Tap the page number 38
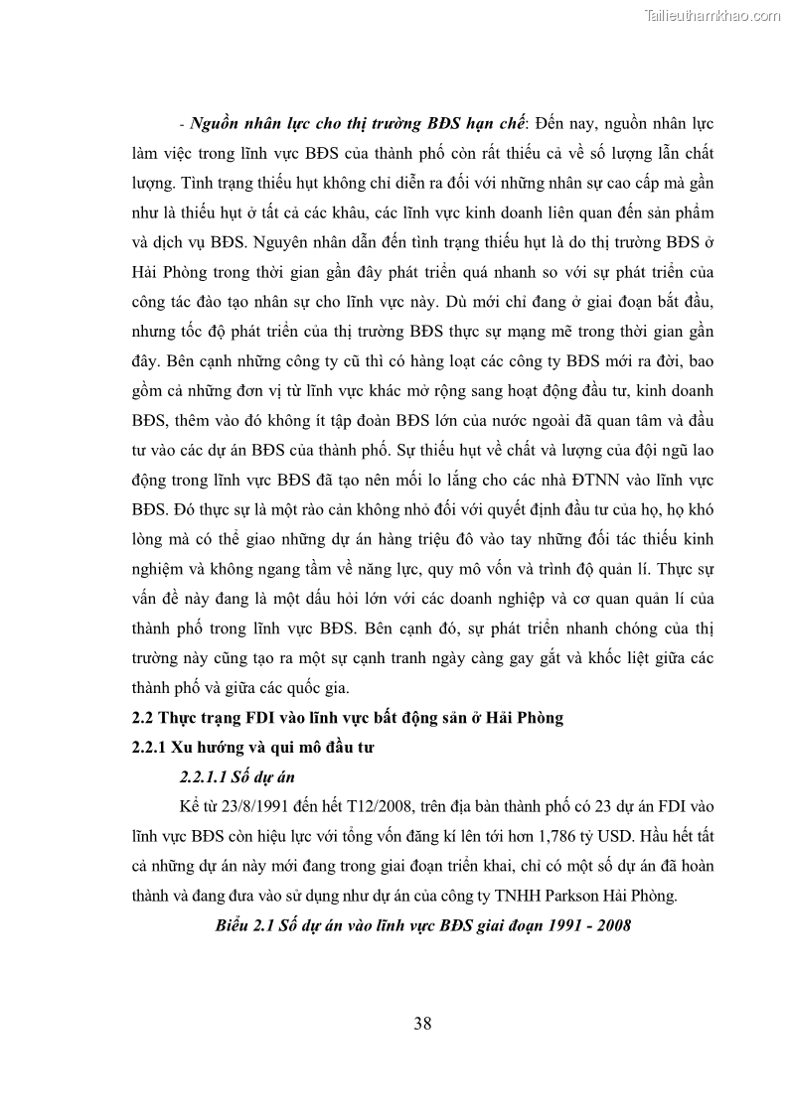422,1024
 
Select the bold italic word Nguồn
213,126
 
